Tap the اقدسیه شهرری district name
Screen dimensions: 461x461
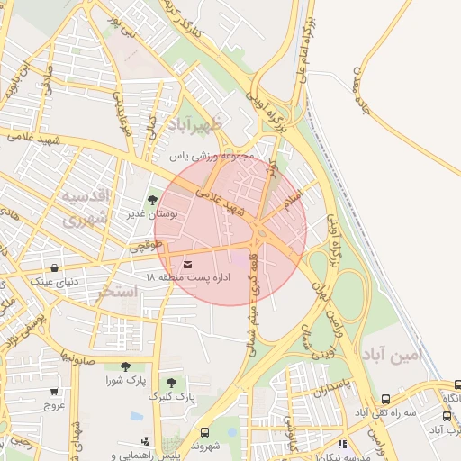tap(85, 207)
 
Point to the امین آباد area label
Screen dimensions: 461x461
tap(392, 355)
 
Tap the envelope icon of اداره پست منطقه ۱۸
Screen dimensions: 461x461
tap(187, 264)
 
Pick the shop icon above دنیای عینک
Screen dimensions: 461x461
tap(56, 267)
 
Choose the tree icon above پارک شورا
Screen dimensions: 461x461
tap(124, 366)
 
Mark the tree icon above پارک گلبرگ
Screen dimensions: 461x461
tap(171, 383)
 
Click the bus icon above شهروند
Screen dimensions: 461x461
tap(204, 432)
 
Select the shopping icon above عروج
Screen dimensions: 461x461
tap(54, 392)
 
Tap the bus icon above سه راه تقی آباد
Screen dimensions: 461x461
tap(385, 399)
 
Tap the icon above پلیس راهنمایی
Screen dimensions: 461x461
tap(146, 441)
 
